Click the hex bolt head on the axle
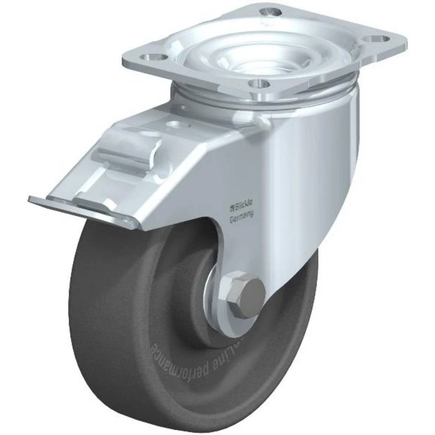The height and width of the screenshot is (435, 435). [x=246, y=295]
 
